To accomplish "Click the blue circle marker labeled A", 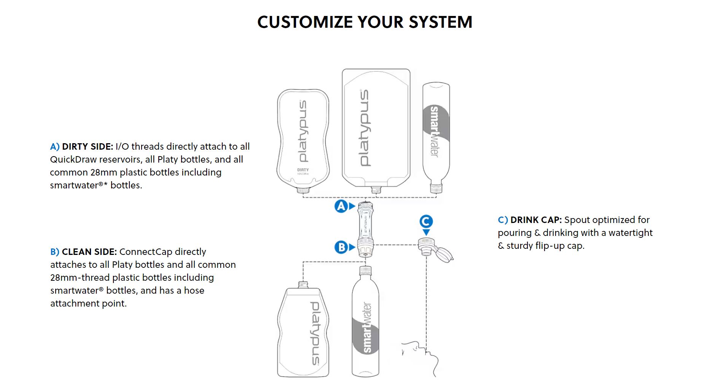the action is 341,206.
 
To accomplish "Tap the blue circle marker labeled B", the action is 341,247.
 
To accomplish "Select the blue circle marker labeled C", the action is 426,221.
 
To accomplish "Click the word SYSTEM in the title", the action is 440,22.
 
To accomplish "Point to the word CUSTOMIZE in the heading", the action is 305,22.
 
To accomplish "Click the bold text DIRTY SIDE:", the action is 88,147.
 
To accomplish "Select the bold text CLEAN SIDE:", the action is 89,252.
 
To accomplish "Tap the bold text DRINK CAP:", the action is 536,220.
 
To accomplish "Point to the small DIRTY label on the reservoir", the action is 303,170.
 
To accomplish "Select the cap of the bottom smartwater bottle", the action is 365,271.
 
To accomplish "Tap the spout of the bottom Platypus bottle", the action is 303,285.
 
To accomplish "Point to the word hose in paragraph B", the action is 194,291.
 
